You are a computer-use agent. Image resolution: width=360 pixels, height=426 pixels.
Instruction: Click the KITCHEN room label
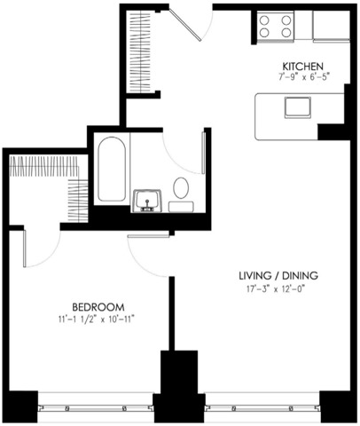[303, 66]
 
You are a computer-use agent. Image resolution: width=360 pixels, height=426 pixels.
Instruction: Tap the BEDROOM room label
[98, 307]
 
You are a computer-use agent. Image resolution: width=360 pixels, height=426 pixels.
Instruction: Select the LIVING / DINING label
[278, 276]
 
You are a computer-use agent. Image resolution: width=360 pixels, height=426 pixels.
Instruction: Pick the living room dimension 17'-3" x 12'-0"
[276, 289]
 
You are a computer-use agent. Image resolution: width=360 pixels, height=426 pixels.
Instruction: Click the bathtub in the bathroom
[112, 169]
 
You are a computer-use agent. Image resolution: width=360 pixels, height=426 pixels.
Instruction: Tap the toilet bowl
[181, 187]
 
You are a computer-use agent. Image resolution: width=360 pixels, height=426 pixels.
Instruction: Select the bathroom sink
[147, 201]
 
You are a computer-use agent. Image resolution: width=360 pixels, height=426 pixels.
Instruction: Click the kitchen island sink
[298, 107]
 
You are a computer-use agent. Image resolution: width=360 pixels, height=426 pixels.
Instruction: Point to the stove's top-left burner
[264, 20]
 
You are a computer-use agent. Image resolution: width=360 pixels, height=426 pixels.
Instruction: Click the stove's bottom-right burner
[286, 32]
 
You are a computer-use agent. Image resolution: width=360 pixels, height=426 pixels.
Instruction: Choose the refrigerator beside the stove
[331, 27]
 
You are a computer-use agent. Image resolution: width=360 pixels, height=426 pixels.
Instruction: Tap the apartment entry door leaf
[185, 24]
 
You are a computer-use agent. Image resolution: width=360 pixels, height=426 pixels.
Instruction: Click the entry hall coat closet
[142, 51]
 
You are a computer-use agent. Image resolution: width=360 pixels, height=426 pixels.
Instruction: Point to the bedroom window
[96, 409]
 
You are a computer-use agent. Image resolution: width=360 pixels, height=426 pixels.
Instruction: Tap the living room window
[262, 409]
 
